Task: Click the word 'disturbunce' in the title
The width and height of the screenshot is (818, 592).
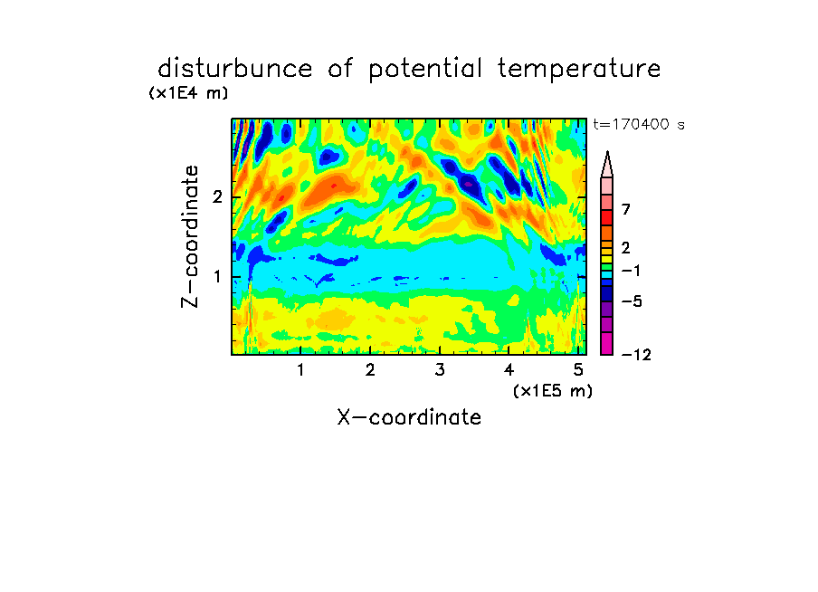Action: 235,69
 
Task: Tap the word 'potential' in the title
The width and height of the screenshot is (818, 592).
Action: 425,70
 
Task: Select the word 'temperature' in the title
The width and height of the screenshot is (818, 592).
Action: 579,70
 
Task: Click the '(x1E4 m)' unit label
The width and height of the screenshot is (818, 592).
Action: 188,93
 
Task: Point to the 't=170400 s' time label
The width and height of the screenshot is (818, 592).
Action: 639,124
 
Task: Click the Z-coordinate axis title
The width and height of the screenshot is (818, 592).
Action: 190,236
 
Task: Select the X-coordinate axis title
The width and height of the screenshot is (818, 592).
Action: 409,417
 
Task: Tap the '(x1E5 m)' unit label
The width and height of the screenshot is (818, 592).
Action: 553,391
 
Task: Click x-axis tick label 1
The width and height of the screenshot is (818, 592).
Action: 301,370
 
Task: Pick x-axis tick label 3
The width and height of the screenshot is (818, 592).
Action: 440,370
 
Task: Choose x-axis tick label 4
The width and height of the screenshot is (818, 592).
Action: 509,370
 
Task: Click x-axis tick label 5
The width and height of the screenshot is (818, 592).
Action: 578,370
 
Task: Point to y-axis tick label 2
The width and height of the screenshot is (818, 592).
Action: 217,197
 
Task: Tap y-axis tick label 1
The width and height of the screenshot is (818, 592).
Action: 217,277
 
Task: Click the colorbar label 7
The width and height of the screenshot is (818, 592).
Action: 626,210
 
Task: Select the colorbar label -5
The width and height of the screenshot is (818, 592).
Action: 632,301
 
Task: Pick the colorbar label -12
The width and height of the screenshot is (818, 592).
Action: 636,355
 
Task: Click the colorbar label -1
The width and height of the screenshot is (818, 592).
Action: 631,271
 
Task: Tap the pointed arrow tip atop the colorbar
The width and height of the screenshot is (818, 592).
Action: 607,152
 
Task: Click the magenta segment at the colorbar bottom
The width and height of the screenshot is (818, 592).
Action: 607,343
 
